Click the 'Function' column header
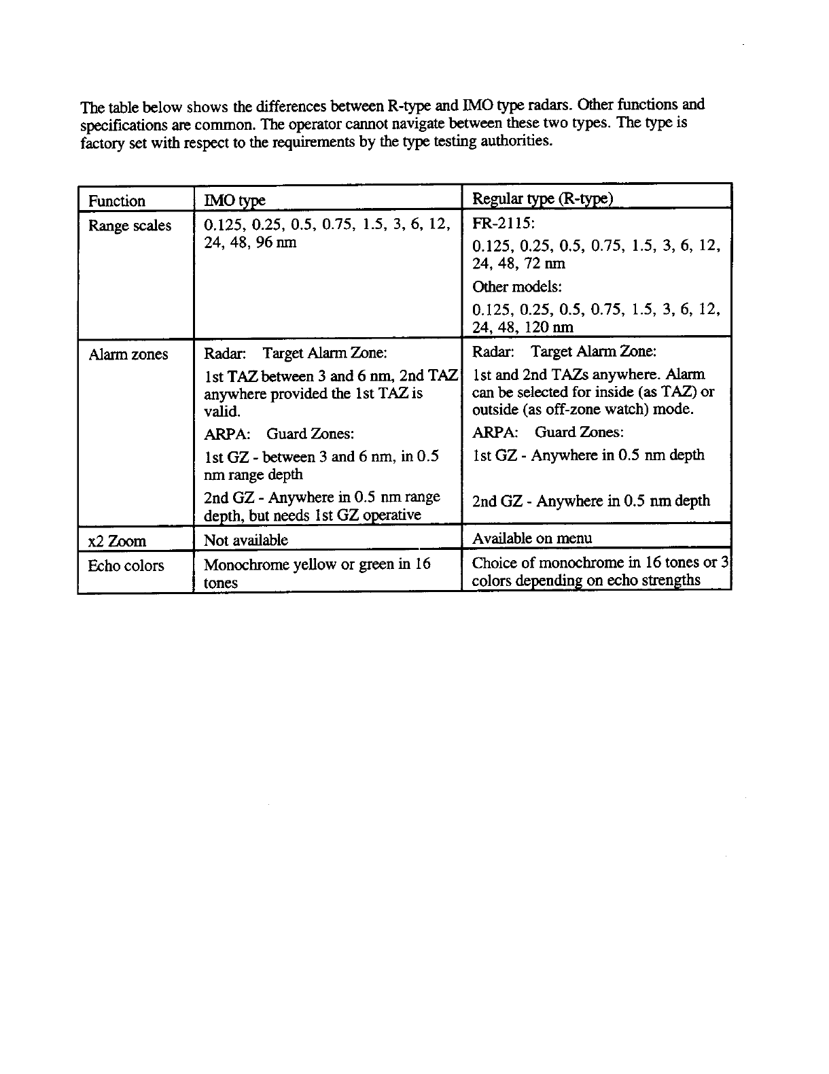click(117, 201)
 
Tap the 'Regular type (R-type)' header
click(542, 198)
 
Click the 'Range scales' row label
click(130, 226)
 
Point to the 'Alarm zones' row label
click(128, 354)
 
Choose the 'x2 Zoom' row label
click(117, 542)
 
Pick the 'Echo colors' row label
click(126, 566)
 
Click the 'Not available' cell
click(246, 540)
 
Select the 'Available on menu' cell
click(532, 538)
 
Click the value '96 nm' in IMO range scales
click(276, 243)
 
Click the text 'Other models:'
click(517, 287)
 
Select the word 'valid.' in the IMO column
click(222, 411)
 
